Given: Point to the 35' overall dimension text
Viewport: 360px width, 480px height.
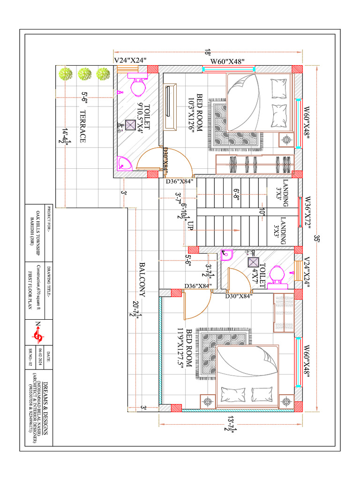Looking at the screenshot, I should pos(317,239).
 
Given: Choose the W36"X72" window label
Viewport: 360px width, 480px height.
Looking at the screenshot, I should pos(307,212).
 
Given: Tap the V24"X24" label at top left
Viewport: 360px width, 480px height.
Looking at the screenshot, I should pos(131,60).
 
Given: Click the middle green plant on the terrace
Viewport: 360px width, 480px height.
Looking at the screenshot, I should pos(84,74).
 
